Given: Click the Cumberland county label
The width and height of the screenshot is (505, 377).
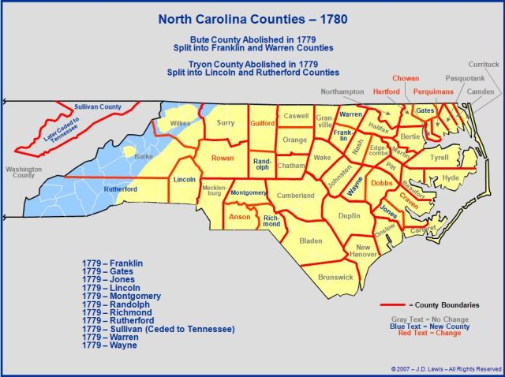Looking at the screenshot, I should pyautogui.click(x=296, y=196).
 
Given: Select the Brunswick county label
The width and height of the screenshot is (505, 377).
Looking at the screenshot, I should pyautogui.click(x=335, y=277).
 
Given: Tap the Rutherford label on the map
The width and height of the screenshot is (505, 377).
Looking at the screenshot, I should pyautogui.click(x=122, y=189).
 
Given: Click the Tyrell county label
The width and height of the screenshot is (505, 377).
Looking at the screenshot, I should pyautogui.click(x=440, y=157).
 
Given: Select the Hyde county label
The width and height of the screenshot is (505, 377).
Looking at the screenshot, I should pyautogui.click(x=450, y=178).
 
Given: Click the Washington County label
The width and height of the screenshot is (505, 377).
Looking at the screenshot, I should pyautogui.click(x=21, y=173).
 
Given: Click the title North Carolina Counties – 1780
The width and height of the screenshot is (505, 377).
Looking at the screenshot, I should pyautogui.click(x=252, y=17).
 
